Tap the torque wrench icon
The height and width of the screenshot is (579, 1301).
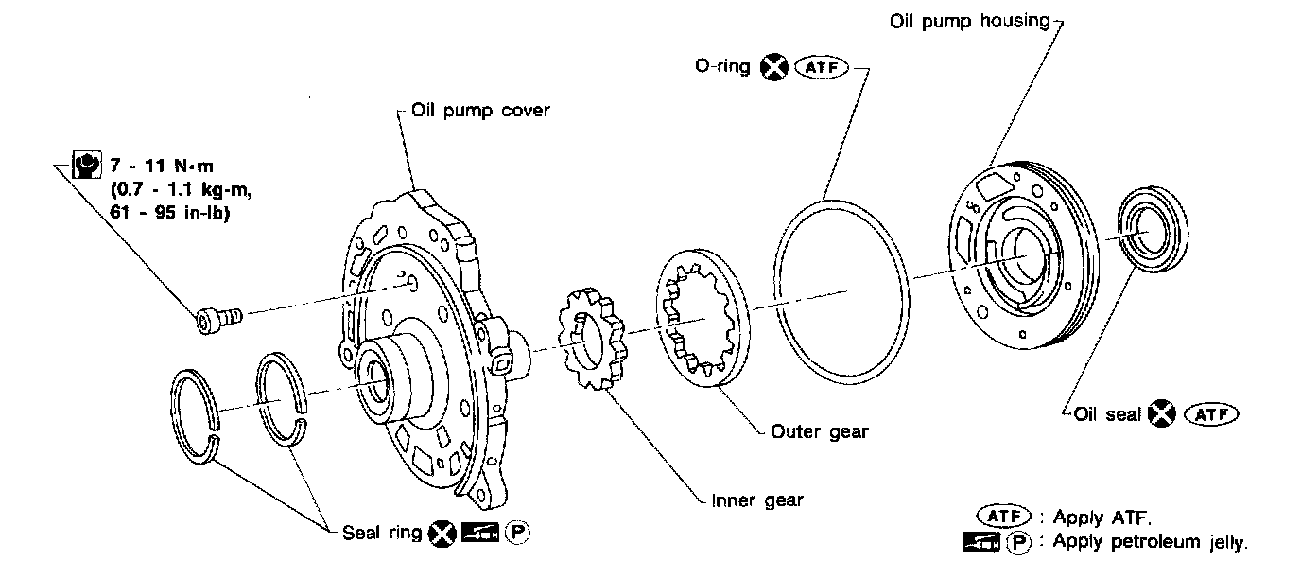pyautogui.click(x=87, y=166)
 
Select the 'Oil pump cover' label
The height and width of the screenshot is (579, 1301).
pyautogui.click(x=480, y=111)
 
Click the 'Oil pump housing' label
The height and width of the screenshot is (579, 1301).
pyautogui.click(x=969, y=22)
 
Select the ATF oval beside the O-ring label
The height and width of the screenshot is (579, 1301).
pyautogui.click(x=822, y=68)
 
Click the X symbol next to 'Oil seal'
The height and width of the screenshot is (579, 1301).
pyautogui.click(x=1162, y=413)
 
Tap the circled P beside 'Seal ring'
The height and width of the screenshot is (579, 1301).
pyautogui.click(x=517, y=533)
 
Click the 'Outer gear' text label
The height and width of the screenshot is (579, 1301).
pyautogui.click(x=819, y=432)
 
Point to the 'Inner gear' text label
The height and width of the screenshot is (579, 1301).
pyautogui.click(x=757, y=500)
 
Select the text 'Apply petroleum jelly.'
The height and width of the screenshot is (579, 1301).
pyautogui.click(x=1150, y=542)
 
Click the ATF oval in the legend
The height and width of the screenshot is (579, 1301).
pyautogui.click(x=1003, y=517)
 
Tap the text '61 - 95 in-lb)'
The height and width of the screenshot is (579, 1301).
pyautogui.click(x=170, y=213)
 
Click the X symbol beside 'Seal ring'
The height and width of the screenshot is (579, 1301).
pyautogui.click(x=442, y=534)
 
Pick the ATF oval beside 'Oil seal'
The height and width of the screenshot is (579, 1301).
pyautogui.click(x=1211, y=414)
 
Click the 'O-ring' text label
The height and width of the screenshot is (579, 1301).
pyautogui.click(x=722, y=66)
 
